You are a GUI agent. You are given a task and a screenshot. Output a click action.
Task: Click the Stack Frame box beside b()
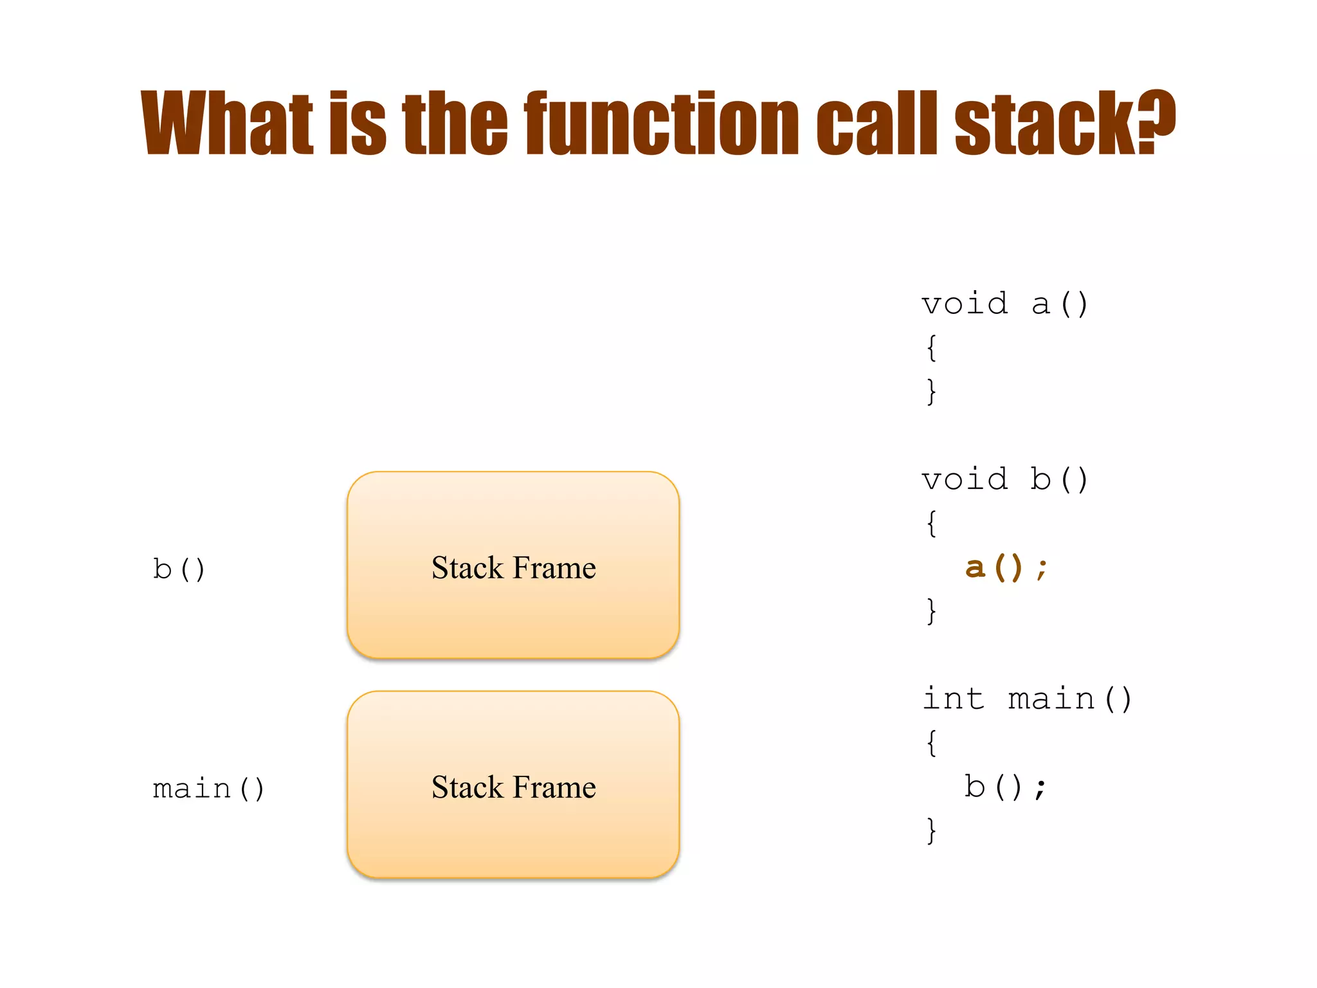pyautogui.click(x=513, y=566)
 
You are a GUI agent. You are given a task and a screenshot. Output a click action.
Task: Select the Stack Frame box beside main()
pyautogui.click(x=513, y=785)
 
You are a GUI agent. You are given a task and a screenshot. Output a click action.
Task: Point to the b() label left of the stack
pyautogui.click(x=179, y=569)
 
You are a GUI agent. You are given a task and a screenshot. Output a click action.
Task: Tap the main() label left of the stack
pyautogui.click(x=208, y=789)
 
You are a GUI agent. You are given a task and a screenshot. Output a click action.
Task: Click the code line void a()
pyautogui.click(x=1004, y=304)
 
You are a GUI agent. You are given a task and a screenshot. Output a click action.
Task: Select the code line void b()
pyautogui.click(x=1004, y=480)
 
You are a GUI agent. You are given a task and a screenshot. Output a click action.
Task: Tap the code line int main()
pyautogui.click(x=1027, y=699)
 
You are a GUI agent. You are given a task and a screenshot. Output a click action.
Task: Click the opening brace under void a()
pyautogui.click(x=931, y=348)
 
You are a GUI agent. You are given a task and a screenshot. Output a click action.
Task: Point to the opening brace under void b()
pyautogui.click(x=931, y=524)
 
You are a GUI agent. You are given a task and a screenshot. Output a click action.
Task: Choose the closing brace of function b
pyautogui.click(x=931, y=611)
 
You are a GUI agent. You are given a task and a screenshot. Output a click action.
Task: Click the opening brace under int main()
pyautogui.click(x=931, y=743)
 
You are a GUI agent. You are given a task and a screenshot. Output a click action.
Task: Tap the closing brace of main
pyautogui.click(x=931, y=830)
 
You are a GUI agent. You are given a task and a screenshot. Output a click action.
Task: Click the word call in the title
pyautogui.click(x=877, y=123)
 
